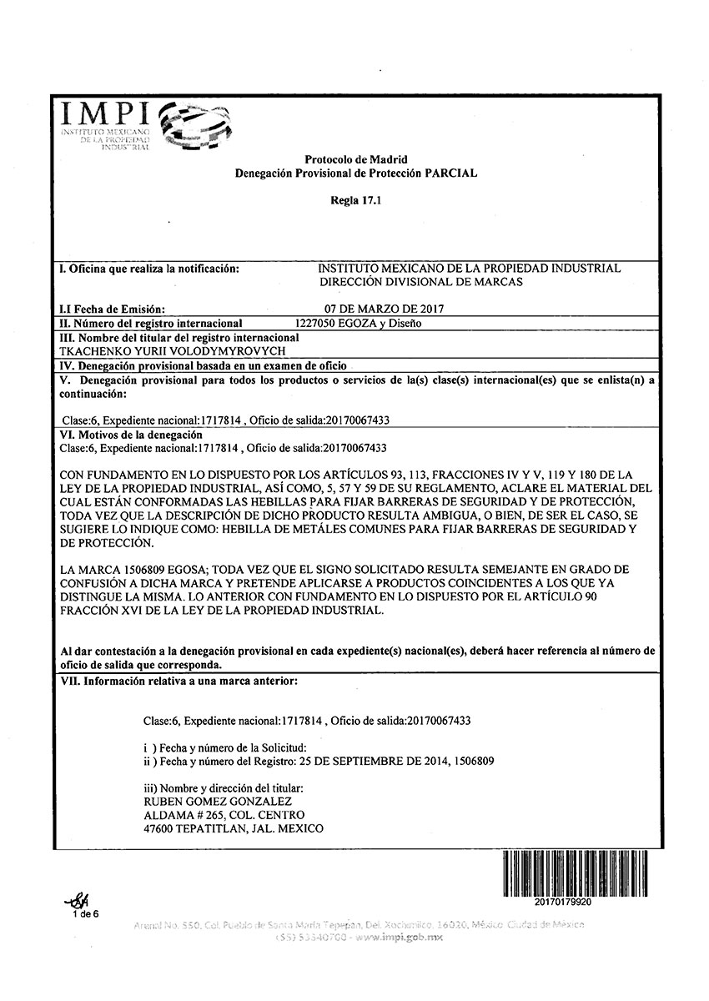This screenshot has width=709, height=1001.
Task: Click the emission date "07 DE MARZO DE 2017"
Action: pyautogui.click(x=384, y=309)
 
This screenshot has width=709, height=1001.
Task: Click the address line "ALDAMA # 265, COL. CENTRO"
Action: pyautogui.click(x=224, y=815)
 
